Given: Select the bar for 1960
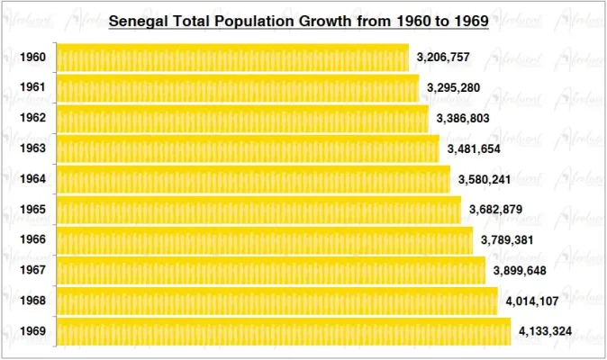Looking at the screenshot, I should [x=232, y=58].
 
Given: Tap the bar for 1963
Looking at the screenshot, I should [x=248, y=148].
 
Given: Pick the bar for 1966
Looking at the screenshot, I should [x=264, y=240].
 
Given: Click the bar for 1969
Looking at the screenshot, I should [x=284, y=331].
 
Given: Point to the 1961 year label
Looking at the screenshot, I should [x=32, y=88].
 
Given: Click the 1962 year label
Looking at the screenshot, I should [x=32, y=119].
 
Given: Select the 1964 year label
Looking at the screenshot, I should [x=32, y=179].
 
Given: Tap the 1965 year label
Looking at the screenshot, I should [x=32, y=210].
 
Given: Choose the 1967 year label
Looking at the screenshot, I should [x=32, y=270].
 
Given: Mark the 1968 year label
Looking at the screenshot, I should [x=32, y=301].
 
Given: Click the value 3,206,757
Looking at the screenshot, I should [x=443, y=58].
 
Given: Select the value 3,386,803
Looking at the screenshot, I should [x=463, y=118].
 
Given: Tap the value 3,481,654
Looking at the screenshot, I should [x=474, y=148].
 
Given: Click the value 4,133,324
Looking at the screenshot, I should [x=545, y=331].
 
